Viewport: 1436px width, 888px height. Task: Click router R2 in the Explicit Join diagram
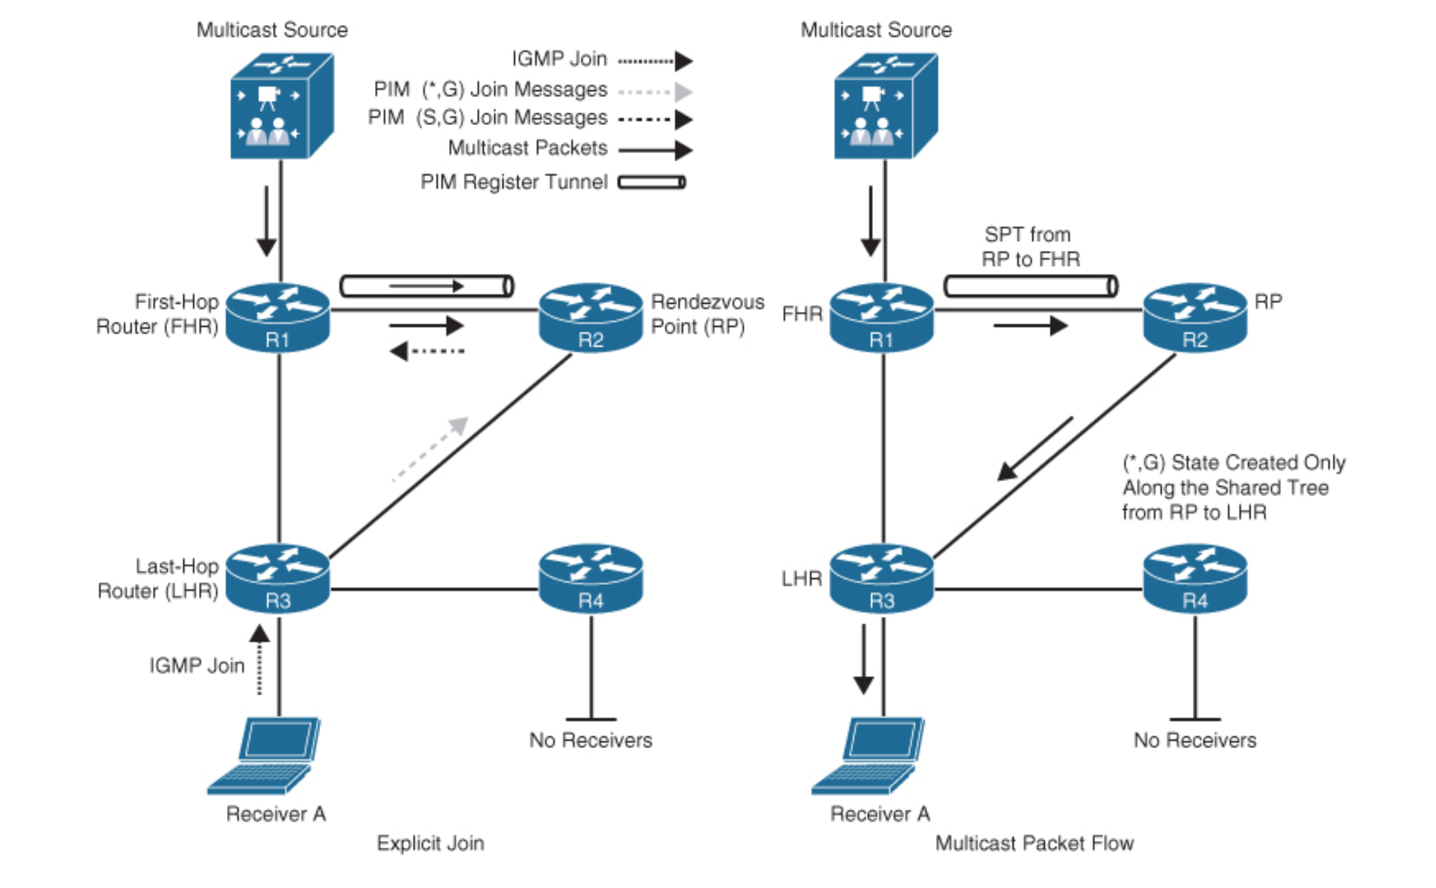coord(590,317)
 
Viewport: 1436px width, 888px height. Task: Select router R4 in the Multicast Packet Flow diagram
coord(1194,578)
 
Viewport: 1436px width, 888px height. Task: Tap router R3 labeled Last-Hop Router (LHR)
coord(277,578)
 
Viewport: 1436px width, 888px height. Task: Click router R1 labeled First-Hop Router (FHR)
coord(277,317)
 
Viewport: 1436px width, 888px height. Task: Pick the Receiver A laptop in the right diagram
coord(869,755)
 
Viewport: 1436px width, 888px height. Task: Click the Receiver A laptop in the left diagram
coord(265,755)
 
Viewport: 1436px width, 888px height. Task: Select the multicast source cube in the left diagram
coord(281,106)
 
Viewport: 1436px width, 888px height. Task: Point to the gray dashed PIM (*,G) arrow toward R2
coord(431,449)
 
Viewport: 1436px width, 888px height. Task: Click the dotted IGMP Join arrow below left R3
coord(259,660)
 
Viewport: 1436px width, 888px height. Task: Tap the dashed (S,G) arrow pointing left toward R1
coord(427,351)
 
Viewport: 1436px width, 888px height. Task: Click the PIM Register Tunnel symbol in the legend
coord(651,182)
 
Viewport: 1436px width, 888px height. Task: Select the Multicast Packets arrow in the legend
coord(655,149)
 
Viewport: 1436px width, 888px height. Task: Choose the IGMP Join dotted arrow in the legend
coord(655,61)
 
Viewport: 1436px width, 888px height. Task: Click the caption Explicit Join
coord(430,843)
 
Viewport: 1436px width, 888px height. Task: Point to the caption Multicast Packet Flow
coord(1034,843)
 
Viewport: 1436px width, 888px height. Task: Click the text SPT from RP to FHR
coord(1029,247)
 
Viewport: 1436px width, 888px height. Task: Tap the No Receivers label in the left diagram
coord(590,740)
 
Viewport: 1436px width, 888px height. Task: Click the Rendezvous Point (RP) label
coord(706,314)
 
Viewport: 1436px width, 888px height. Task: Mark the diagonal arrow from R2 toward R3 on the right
coord(1035,448)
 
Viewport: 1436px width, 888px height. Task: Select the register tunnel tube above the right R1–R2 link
coord(1030,286)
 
